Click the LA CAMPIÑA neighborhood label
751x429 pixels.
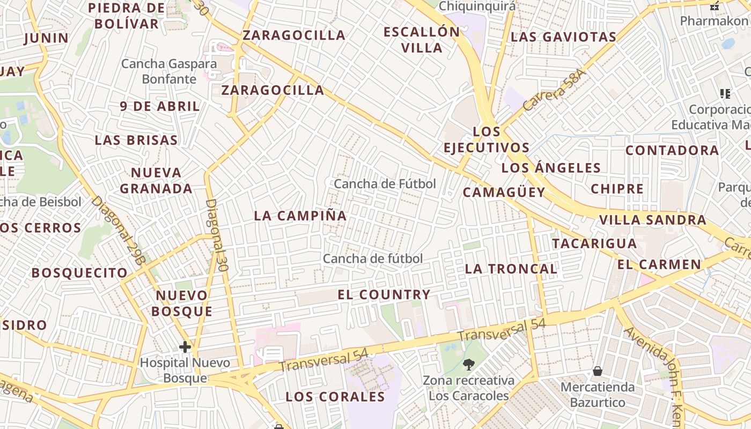click(300, 216)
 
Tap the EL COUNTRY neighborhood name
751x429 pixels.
click(384, 294)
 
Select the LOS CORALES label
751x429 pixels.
click(335, 397)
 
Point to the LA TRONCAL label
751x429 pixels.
click(511, 269)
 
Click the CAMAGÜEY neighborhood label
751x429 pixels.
click(504, 192)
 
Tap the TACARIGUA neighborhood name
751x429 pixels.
click(594, 243)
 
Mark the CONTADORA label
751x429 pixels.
click(672, 150)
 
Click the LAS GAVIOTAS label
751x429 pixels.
click(563, 37)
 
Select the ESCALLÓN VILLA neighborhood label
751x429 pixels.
click(422, 40)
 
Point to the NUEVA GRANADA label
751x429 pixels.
click(156, 181)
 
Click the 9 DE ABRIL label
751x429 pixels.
click(160, 106)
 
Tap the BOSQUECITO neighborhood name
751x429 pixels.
click(79, 273)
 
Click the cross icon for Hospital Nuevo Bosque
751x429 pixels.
click(185, 347)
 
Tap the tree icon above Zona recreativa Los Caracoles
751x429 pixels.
click(469, 365)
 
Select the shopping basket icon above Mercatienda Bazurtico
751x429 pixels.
click(597, 371)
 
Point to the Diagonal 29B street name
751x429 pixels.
click(119, 231)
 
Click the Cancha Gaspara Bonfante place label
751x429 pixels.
click(169, 71)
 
